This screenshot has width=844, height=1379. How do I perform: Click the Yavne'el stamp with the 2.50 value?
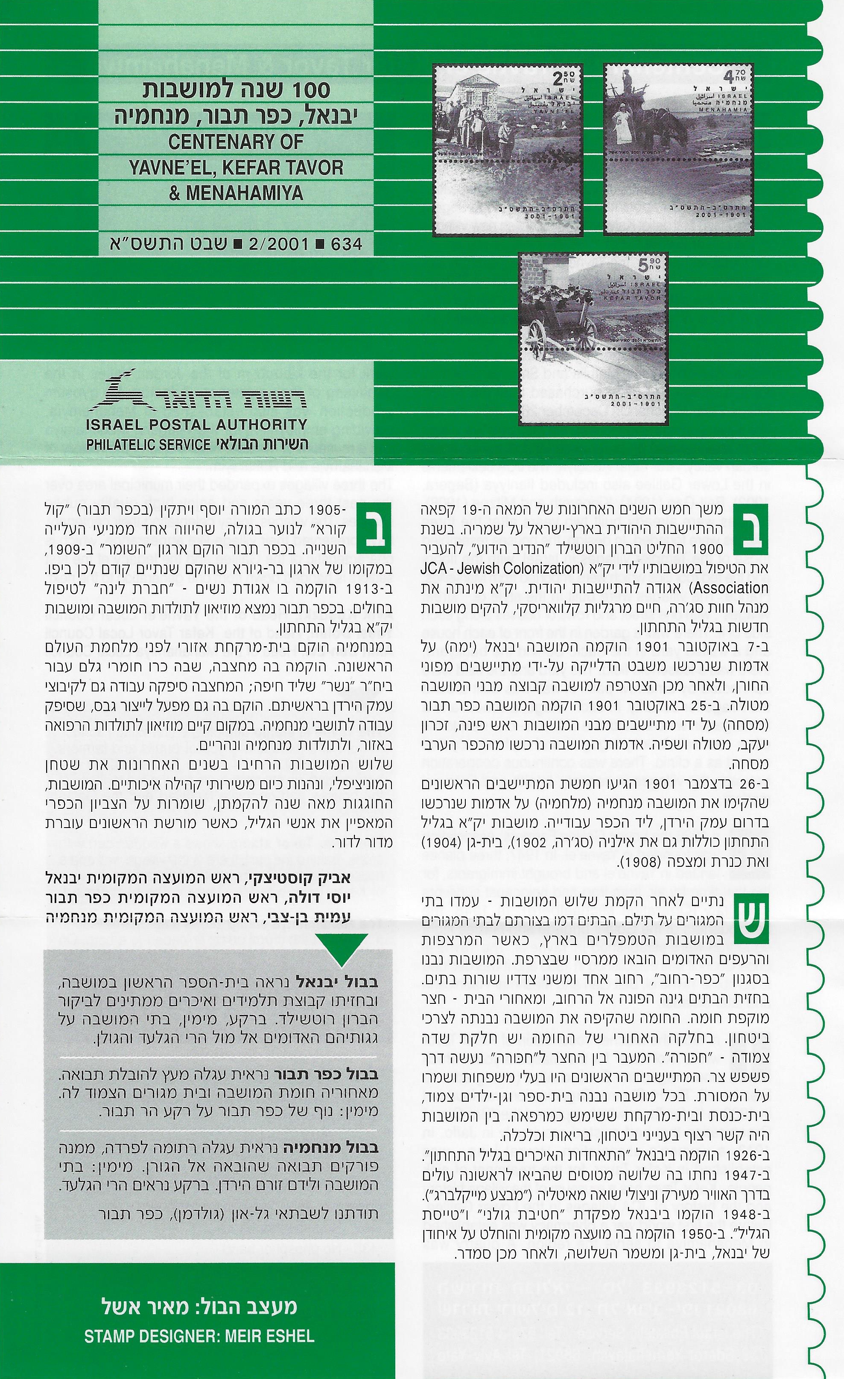coord(508,150)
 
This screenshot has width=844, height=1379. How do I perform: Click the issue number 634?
coord(347,244)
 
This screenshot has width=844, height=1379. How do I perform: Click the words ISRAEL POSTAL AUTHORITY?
coord(196,424)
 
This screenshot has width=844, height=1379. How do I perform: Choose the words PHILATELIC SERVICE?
coord(148,444)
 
